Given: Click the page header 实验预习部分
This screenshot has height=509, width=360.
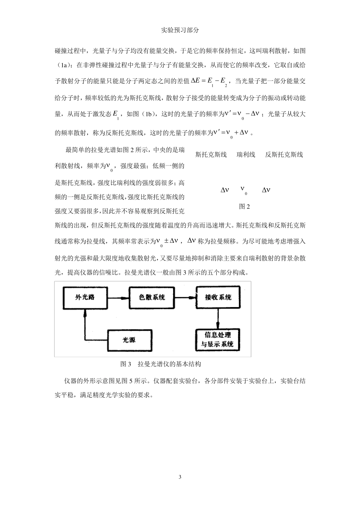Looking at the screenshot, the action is point(180,31).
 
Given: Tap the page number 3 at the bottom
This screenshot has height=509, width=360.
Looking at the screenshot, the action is point(180,476).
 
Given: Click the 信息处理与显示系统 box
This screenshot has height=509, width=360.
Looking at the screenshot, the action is point(218,339).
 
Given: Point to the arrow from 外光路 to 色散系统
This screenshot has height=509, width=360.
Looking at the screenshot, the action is point(117,298).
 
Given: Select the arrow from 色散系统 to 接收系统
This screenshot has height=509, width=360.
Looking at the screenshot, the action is point(186,298).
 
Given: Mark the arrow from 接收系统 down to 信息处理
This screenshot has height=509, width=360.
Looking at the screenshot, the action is point(218,318).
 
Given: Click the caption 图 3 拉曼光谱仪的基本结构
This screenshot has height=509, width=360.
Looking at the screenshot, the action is point(160,364).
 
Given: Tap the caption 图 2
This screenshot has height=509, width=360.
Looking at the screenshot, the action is point(244,206).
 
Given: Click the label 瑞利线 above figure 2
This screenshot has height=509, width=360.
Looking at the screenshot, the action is point(246,155).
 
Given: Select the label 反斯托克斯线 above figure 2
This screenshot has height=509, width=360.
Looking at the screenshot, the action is point(284,155).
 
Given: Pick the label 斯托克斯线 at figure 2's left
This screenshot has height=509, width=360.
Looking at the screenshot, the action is point(211,155).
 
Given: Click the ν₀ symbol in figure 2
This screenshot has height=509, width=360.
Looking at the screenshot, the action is point(244,190).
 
